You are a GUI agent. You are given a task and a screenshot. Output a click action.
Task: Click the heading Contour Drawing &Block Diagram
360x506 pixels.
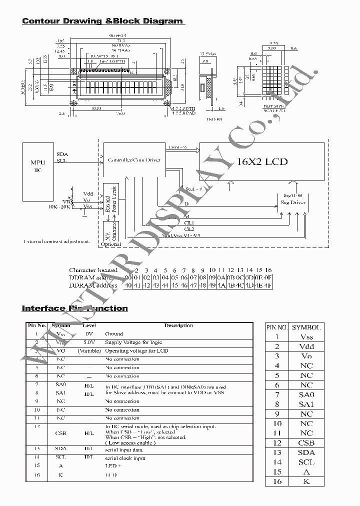[x=102, y=21]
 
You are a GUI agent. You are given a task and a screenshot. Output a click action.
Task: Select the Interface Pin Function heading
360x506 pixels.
[x=74, y=308]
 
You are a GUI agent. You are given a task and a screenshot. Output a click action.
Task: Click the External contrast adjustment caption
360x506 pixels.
[x=56, y=241]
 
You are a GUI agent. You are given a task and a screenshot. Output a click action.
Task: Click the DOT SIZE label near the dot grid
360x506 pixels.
[x=273, y=106]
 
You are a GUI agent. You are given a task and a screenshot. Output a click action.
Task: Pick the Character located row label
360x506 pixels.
[x=93, y=270]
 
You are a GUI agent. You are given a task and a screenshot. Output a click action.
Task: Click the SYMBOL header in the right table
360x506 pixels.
[x=306, y=327]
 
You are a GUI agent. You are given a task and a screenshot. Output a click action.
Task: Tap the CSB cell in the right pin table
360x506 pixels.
[x=306, y=443]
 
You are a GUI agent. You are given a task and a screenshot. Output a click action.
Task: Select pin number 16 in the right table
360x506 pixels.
[x=277, y=481]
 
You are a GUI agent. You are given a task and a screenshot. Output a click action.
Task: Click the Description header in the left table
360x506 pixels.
[x=178, y=325]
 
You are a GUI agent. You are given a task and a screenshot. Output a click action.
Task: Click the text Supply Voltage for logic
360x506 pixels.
[x=133, y=342]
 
